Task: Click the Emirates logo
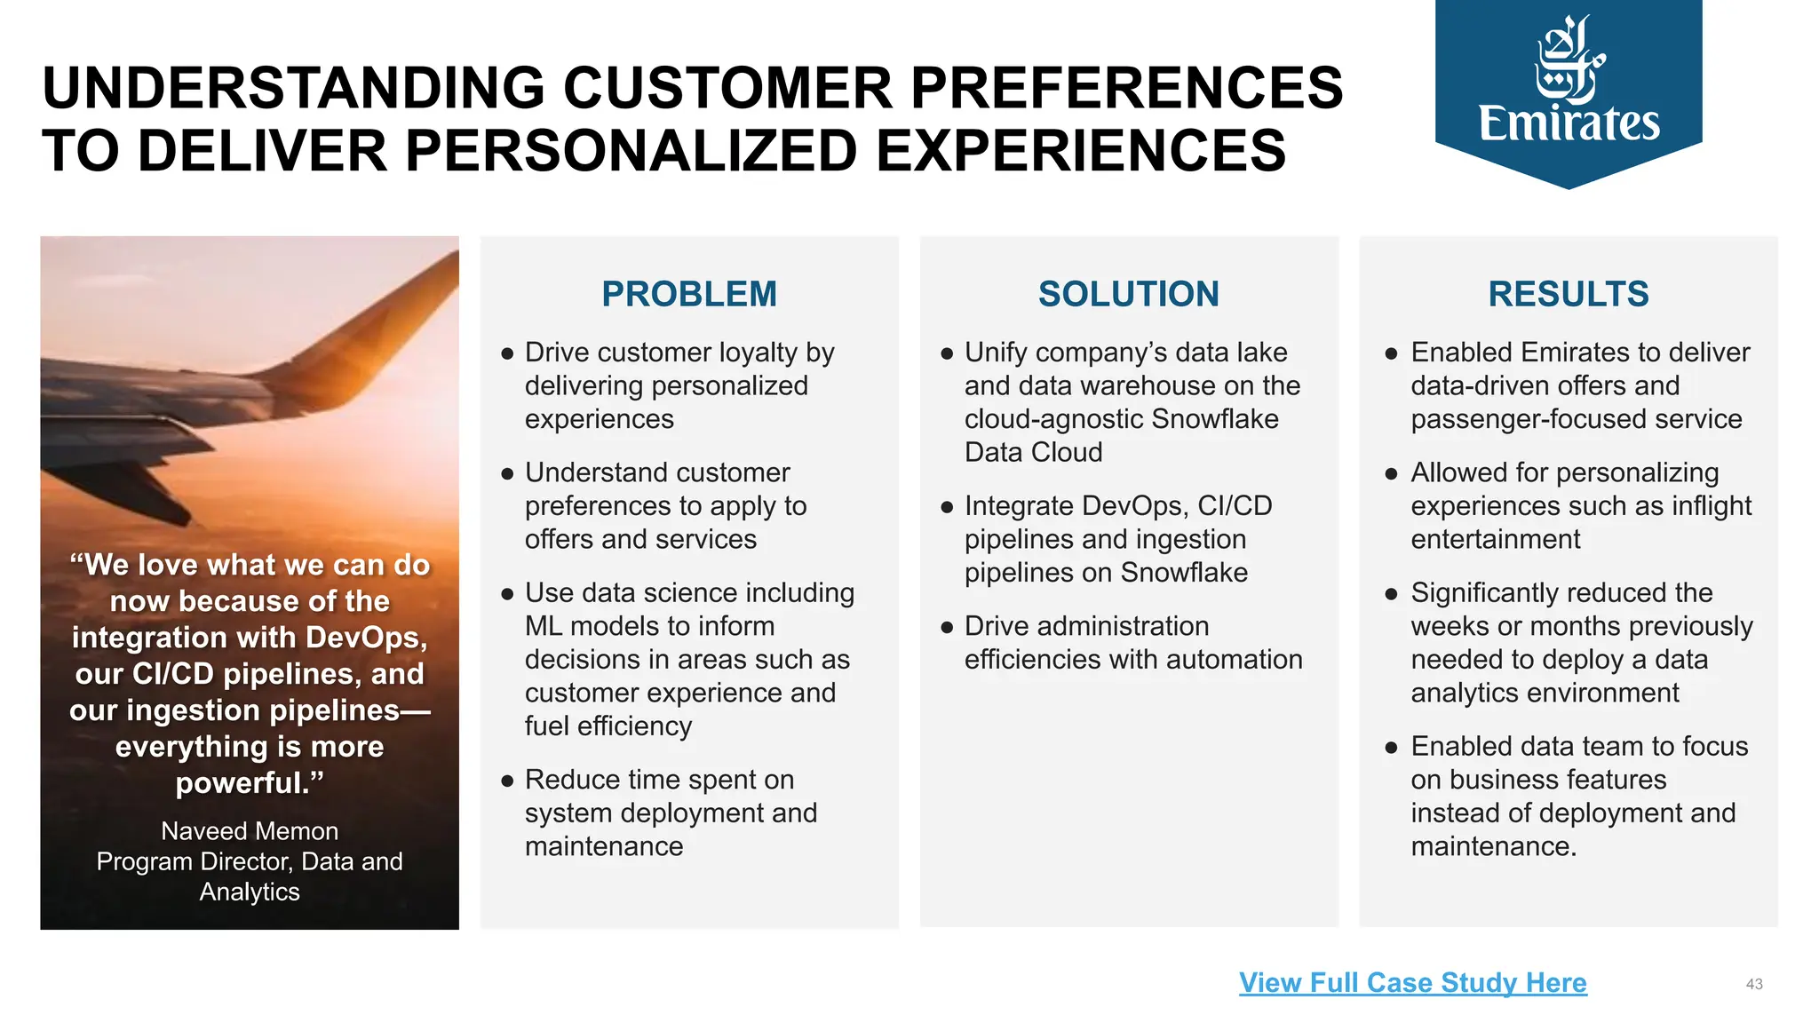point(1569,89)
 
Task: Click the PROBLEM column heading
point(689,294)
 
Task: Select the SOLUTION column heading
point(1128,294)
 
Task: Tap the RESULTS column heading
point(1569,294)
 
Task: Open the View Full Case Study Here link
point(1412,982)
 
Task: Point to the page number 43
point(1754,984)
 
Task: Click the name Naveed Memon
point(250,831)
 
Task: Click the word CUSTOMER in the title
point(727,88)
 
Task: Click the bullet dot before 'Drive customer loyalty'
point(507,353)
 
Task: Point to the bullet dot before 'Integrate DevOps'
point(947,507)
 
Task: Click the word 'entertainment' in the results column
point(1496,539)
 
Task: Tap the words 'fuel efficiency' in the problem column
point(608,726)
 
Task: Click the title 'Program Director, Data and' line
point(250,861)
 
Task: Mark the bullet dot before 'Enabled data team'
point(1391,748)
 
